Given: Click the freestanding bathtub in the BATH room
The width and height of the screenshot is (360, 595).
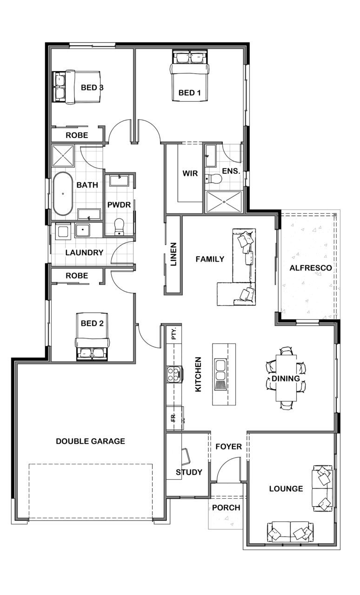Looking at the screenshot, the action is pos(63,194).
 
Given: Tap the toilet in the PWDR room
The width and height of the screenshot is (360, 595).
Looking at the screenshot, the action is pos(119,226).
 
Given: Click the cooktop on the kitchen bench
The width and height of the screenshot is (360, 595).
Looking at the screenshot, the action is pos(175,374).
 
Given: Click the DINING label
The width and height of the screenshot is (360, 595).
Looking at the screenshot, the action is pos(286,378).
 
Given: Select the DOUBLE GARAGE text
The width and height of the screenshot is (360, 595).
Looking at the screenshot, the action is pos(90,441).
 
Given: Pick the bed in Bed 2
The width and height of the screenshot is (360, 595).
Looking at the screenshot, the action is pos(92,337).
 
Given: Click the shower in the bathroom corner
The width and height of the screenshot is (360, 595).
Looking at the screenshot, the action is pos(63,156).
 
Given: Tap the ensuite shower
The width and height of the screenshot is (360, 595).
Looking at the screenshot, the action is pos(224,202).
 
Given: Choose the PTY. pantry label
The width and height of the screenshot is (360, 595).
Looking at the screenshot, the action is pos(174,333).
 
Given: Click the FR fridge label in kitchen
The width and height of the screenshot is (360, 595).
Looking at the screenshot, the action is pos(173,418).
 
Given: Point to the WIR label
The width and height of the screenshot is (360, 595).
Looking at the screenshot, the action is pos(190,173).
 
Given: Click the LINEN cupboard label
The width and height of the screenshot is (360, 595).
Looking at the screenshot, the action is pos(173,254).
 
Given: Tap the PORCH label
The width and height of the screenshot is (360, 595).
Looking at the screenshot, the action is pos(226,508).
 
